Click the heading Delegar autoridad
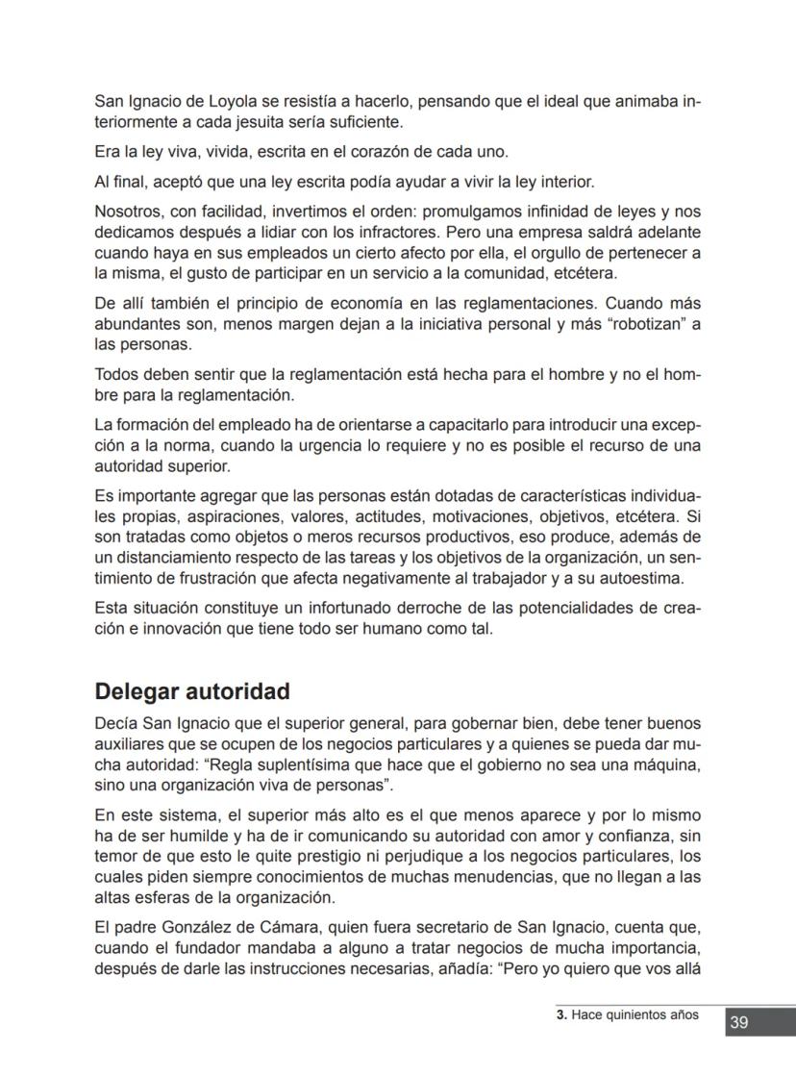(x=192, y=692)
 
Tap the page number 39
(x=738, y=1022)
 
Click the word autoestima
(x=640, y=578)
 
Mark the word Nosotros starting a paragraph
(x=128, y=213)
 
